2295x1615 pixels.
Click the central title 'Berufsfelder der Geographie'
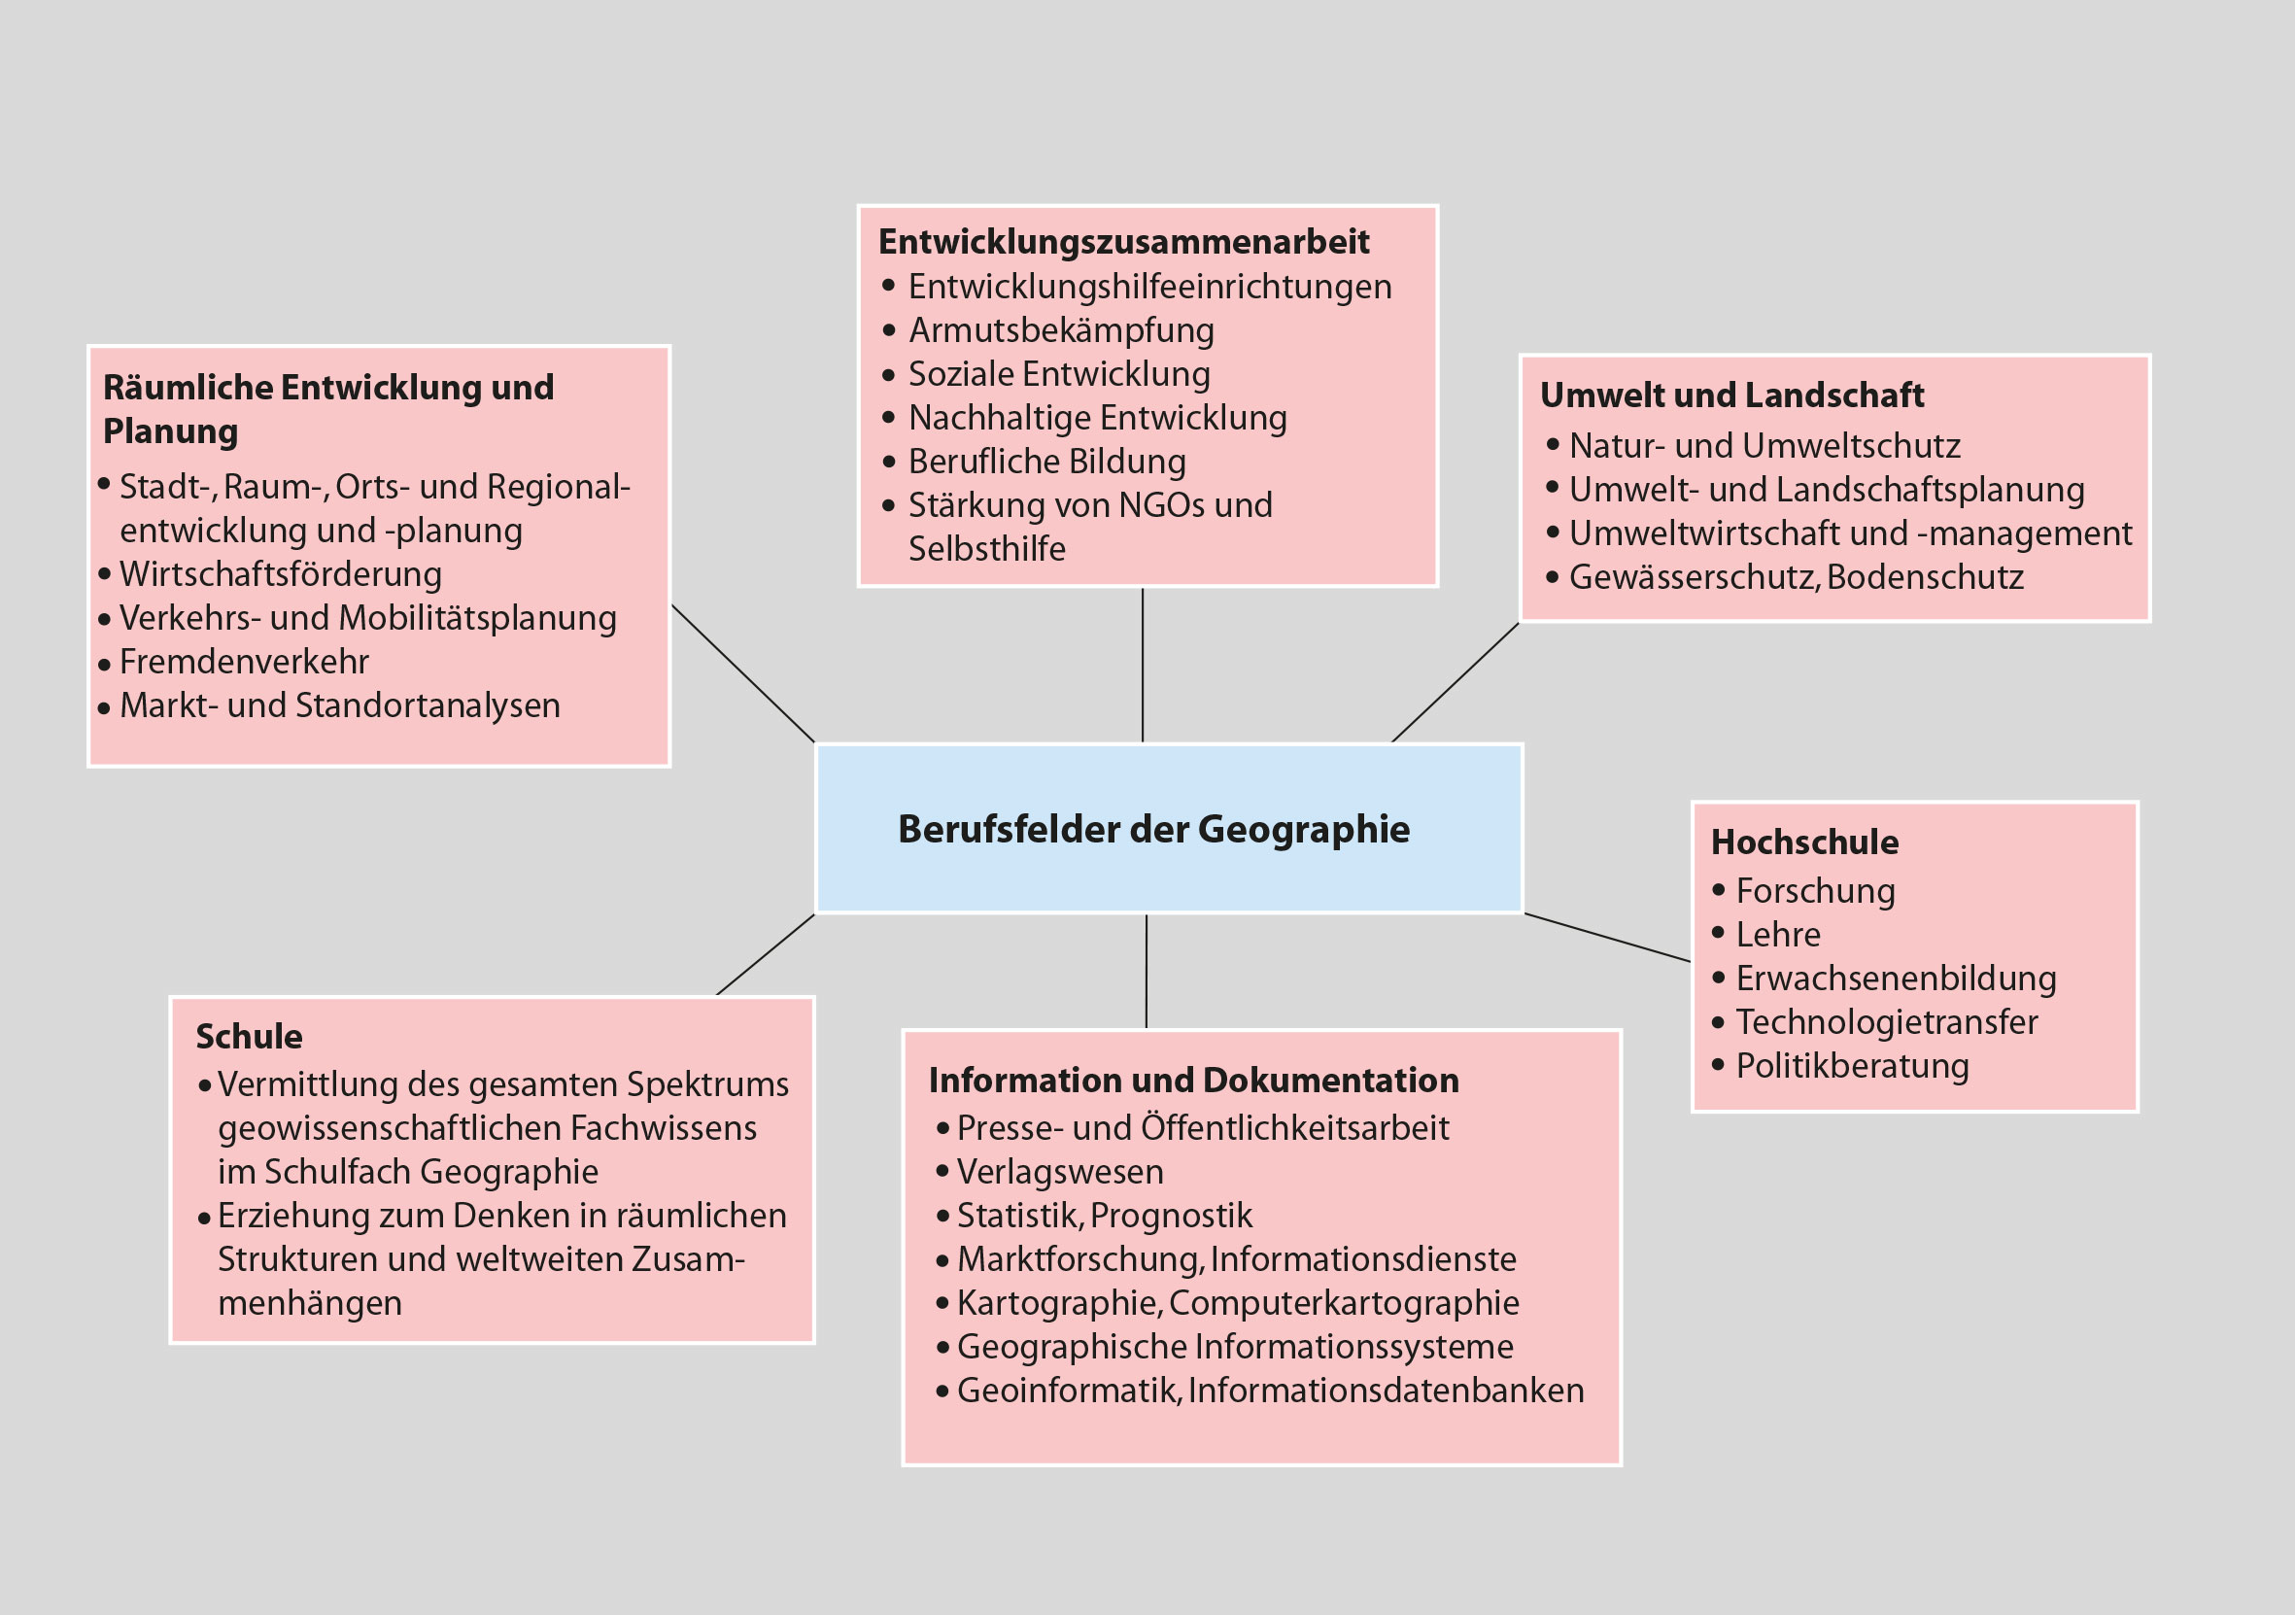(1153, 830)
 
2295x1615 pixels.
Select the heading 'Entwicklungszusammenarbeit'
(1123, 242)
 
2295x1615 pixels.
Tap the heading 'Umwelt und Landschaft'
(1731, 395)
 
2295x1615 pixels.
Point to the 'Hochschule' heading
(1804, 842)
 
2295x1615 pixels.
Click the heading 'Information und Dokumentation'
(1193, 1081)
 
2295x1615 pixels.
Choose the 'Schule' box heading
(249, 1037)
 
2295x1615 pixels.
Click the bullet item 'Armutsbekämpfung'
(1060, 330)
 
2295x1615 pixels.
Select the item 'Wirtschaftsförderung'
(281, 574)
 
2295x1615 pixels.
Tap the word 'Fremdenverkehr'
(244, 662)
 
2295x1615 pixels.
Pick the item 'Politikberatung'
(1852, 1066)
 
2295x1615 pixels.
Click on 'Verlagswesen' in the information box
(1059, 1171)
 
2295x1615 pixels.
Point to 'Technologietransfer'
(1886, 1022)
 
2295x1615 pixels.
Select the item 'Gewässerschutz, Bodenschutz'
(1797, 577)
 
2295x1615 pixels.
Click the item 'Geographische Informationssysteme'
(1235, 1347)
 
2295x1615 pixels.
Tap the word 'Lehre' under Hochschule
(1778, 935)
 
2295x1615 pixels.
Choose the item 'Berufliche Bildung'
(1046, 462)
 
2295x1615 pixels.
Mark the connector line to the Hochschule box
(1606, 938)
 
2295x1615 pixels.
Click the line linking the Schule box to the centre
(766, 954)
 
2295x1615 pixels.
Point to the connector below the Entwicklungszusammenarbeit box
(1143, 665)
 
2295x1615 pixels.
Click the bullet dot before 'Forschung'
(1719, 889)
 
